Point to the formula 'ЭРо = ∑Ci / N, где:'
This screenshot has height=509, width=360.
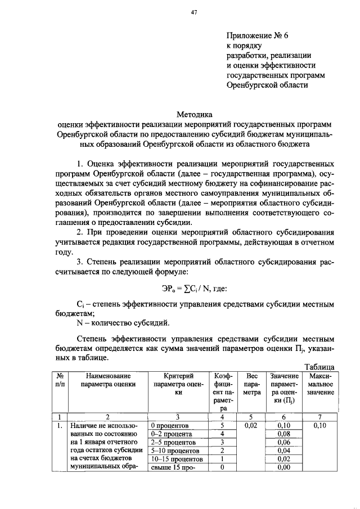(x=191, y=289)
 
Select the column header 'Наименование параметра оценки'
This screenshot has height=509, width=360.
(x=108, y=380)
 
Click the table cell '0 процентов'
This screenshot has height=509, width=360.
(x=170, y=425)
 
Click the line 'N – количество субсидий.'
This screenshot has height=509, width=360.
(x=122, y=323)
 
